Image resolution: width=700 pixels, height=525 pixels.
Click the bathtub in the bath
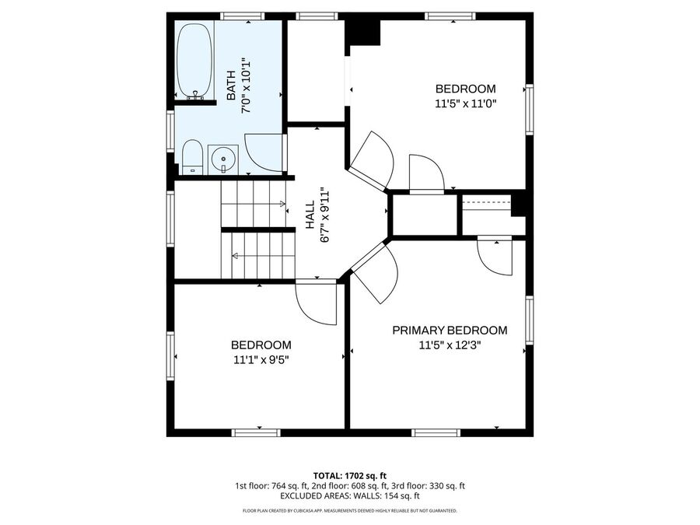point(194,61)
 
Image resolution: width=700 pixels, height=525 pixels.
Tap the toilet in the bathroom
point(192,158)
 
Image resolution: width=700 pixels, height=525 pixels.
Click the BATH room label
point(231,86)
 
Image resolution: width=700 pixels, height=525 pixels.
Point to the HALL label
point(310,215)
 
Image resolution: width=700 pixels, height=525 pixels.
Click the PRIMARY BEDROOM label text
point(450,331)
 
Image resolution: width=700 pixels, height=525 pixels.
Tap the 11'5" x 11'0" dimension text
point(466,103)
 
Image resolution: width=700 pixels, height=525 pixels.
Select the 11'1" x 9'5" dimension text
point(261,359)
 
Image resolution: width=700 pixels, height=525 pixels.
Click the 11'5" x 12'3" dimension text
point(450,345)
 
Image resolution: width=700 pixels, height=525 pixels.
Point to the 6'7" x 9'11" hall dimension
point(324,215)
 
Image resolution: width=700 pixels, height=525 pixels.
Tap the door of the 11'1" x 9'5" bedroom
point(316,303)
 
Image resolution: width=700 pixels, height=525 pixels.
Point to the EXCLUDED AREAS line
point(349,496)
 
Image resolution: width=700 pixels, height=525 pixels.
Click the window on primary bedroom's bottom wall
point(436,432)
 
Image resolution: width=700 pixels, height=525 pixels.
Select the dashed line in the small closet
point(487,201)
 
